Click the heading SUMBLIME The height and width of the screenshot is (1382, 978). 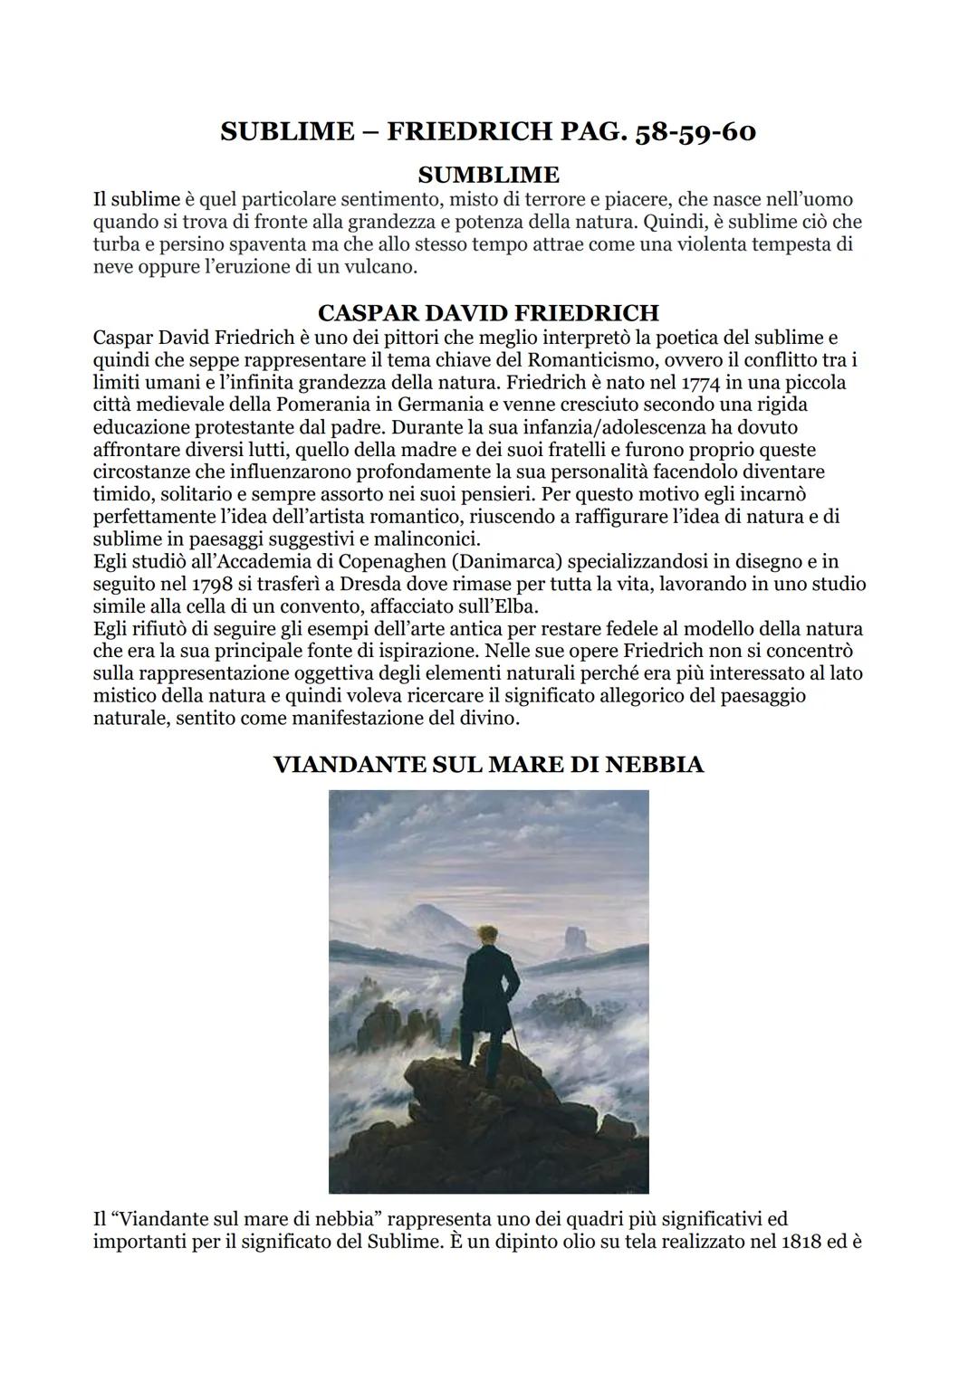488,174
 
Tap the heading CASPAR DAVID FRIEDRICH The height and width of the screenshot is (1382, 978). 488,313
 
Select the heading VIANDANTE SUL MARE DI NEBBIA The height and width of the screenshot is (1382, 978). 488,765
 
